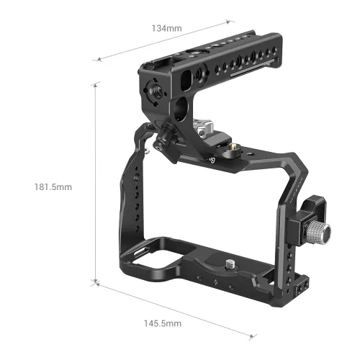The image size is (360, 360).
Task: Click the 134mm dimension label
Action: (166, 28)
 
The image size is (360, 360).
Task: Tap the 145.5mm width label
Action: (162, 323)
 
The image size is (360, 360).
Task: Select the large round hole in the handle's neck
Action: (181, 109)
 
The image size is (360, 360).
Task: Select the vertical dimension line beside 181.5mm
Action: (96, 180)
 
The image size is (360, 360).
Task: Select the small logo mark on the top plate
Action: (213, 160)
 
